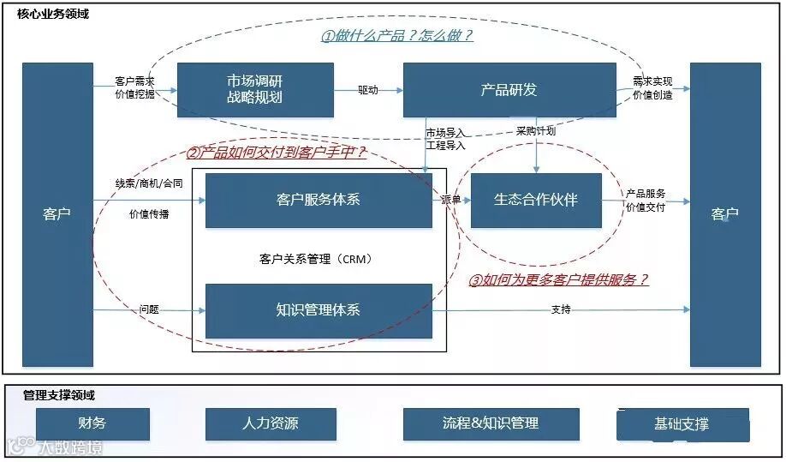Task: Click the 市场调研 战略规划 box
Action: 254,90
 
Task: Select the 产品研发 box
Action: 509,90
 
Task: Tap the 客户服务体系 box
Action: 319,200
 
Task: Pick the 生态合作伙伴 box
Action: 536,200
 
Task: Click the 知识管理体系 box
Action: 319,309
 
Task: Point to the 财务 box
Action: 92,423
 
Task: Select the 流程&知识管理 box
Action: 491,423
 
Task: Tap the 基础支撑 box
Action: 682,424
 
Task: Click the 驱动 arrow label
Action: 368,90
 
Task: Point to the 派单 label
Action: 450,200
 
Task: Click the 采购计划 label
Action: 536,131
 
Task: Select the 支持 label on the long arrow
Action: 561,309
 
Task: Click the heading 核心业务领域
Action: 53,15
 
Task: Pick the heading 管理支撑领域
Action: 59,395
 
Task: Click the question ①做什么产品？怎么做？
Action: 397,36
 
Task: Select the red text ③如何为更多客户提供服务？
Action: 558,280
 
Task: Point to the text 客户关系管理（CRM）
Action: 316,258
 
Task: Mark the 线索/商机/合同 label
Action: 149,183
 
